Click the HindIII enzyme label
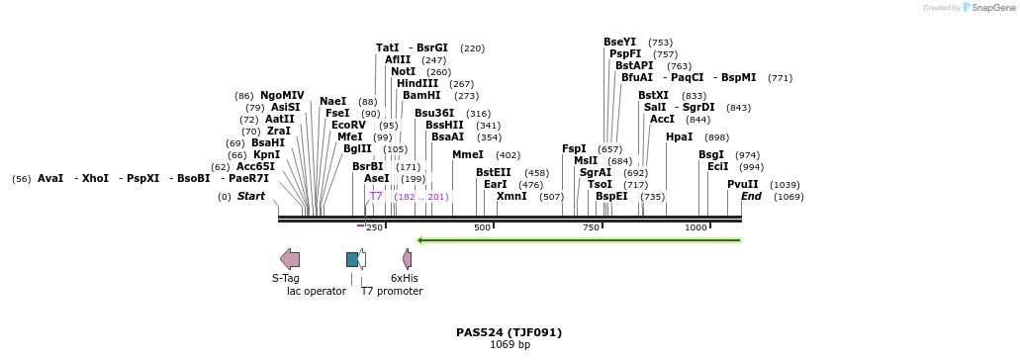(x=417, y=84)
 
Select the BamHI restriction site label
(x=421, y=96)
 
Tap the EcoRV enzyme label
(x=348, y=126)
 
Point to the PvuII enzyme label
(x=743, y=185)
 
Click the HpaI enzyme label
(x=679, y=137)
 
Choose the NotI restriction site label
(x=403, y=72)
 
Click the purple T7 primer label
(x=376, y=197)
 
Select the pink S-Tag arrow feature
(x=290, y=259)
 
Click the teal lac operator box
(x=352, y=259)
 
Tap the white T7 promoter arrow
(x=362, y=259)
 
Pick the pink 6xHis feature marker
(x=407, y=259)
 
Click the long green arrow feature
(x=579, y=239)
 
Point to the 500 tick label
(x=483, y=227)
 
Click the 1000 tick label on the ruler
(x=696, y=227)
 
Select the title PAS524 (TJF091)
(x=510, y=332)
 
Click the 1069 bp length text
(x=510, y=345)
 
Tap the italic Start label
(x=251, y=197)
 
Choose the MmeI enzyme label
(x=468, y=155)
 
